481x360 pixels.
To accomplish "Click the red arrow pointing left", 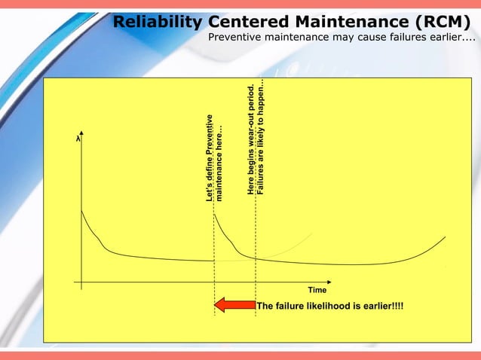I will [234, 305].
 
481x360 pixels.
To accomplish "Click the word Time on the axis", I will [317, 291].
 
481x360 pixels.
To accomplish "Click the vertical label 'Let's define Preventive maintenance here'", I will [214, 157].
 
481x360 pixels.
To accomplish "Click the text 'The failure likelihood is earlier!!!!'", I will [329, 306].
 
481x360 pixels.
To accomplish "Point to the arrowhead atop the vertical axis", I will [81, 139].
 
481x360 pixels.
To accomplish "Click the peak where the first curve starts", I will [81, 211].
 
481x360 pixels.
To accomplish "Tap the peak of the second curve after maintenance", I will [216, 215].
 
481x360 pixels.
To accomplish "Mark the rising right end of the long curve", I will [444, 238].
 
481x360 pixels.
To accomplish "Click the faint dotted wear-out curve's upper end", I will [311, 233].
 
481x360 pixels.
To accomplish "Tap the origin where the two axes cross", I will [81, 282].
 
